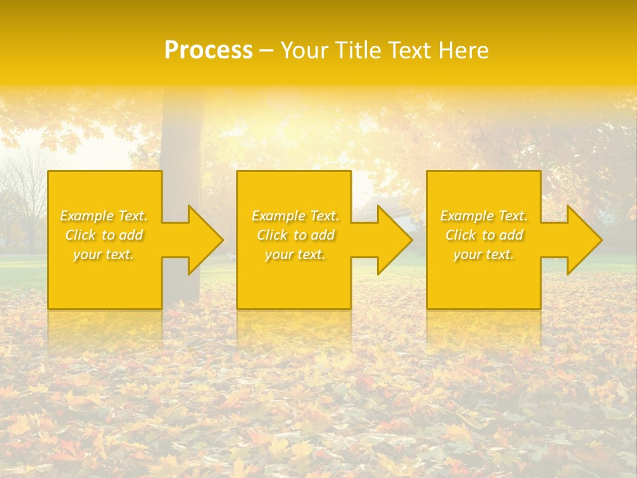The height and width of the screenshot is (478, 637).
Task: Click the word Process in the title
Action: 208,50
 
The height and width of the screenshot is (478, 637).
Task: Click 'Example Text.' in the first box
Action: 104,216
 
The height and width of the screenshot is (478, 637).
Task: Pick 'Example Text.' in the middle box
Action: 295,216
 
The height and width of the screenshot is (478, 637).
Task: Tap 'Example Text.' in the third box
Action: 484,216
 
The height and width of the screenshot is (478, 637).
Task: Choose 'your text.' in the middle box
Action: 295,254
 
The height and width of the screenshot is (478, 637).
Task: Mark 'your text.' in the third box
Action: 483,254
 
